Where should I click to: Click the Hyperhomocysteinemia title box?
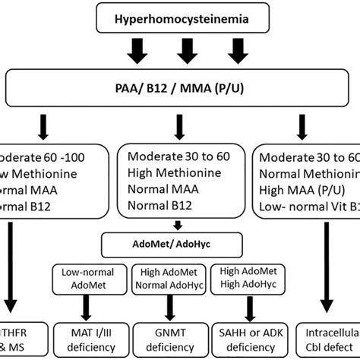click(x=180, y=15)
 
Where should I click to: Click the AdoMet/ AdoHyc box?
click(x=177, y=245)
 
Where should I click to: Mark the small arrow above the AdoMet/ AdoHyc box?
click(x=177, y=226)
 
